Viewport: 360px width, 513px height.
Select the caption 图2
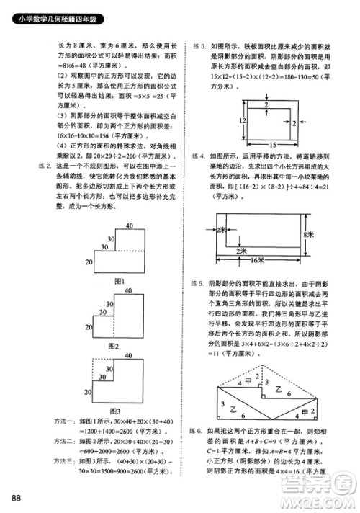click(112, 345)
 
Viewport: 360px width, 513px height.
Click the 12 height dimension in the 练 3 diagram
click(224, 120)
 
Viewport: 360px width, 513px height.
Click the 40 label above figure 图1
click(128, 226)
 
